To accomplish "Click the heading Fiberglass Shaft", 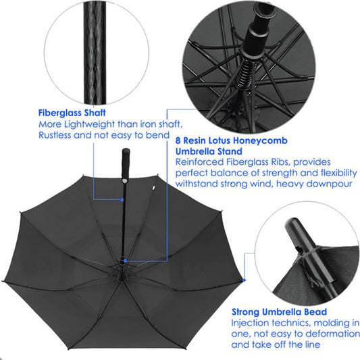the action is (72, 113).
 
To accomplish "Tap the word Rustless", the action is (55, 135).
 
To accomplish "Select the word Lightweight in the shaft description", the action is (89, 124).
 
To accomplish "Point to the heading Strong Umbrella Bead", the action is (279, 312).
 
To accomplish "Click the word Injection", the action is (250, 323).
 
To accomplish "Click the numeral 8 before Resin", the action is (178, 140).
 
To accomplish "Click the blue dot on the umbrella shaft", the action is (122, 200).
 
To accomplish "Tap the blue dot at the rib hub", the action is (125, 261).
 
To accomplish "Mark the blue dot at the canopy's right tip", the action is (244, 280).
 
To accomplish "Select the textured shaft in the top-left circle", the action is (95, 53).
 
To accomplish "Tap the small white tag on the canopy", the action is (153, 188).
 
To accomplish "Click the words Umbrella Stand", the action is (209, 151).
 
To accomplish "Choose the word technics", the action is (291, 323).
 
